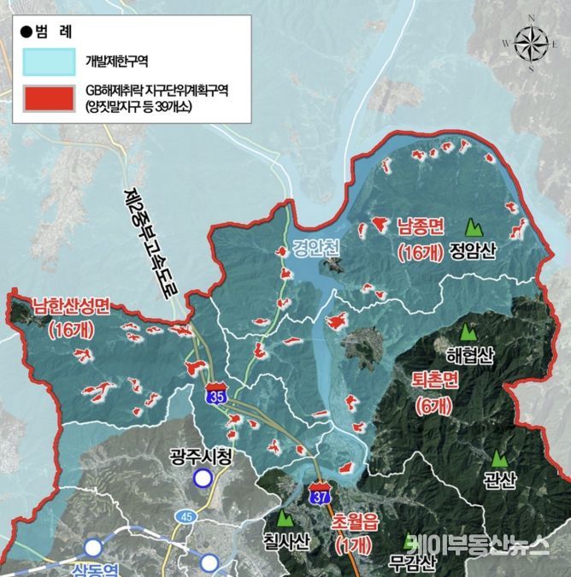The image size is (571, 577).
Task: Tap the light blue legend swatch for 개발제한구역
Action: point(50,61)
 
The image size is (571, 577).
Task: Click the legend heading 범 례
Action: point(50,31)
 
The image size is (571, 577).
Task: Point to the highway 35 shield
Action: point(216,395)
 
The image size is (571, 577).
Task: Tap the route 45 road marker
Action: point(185,516)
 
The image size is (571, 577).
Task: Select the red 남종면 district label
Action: point(420,227)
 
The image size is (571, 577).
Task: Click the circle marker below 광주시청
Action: point(202,479)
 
